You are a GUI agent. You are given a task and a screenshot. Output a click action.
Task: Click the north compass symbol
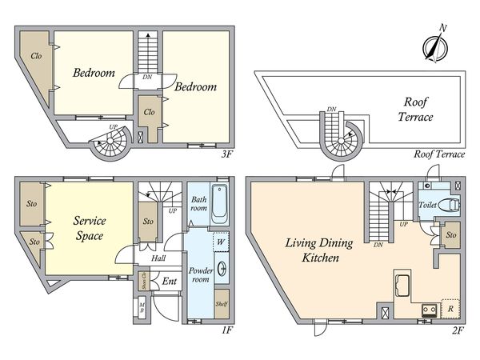435,47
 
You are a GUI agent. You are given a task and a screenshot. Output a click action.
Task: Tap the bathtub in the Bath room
219,203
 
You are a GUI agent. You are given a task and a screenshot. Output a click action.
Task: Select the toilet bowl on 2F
449,205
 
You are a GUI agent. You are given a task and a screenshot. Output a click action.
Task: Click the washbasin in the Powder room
222,269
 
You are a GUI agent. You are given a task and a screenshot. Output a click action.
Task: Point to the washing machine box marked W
221,242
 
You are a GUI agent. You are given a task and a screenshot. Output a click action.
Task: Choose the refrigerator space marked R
450,309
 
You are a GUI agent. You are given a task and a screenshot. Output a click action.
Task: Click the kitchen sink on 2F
403,286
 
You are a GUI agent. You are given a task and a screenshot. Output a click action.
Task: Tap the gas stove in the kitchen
429,310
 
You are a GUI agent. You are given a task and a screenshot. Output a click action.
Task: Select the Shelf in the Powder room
222,304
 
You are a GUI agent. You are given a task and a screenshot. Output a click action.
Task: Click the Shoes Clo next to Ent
143,281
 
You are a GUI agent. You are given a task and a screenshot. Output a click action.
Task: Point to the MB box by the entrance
142,308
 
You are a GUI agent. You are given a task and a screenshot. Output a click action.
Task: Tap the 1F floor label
227,330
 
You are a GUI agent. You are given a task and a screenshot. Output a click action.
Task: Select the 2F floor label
458,330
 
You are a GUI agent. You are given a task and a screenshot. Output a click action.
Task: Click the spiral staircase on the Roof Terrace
341,136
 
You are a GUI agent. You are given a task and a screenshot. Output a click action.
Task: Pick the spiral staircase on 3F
110,142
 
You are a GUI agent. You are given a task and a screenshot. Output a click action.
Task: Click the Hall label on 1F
158,258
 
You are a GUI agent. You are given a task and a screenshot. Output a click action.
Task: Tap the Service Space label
90,228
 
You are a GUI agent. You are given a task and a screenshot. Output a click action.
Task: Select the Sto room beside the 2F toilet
450,234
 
